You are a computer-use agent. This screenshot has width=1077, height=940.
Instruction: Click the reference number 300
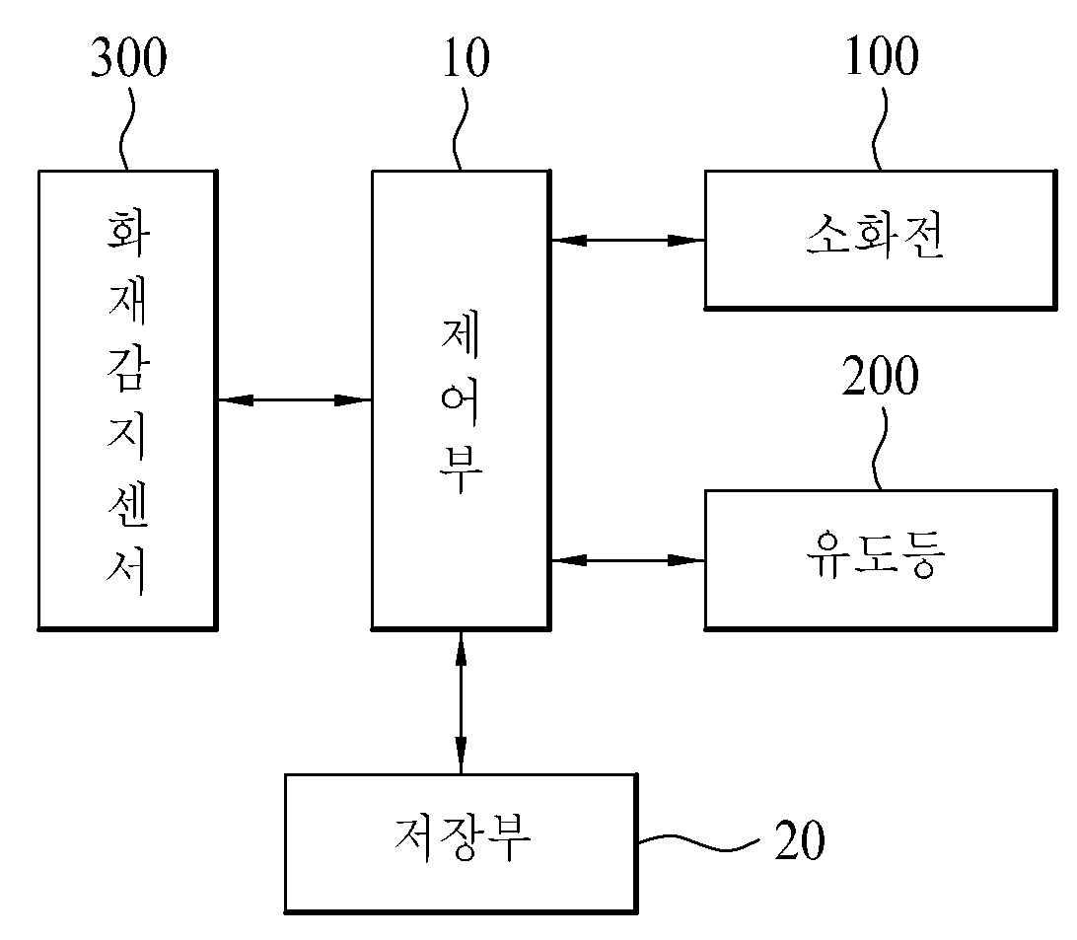coord(129,57)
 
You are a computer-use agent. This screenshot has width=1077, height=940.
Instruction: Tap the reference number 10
coord(467,57)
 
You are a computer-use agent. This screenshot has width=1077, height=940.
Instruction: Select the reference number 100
coord(882,55)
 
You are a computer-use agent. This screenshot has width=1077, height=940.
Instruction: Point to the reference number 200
coord(881,375)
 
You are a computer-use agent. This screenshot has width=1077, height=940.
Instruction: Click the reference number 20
coord(800,839)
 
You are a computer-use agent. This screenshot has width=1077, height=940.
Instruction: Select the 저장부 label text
coord(463,837)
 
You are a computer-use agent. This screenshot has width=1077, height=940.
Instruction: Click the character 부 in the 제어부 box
coord(461,471)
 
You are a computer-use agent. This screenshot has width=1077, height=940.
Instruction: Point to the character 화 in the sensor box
coord(128,234)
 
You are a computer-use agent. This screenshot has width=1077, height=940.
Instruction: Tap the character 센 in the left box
coord(128,506)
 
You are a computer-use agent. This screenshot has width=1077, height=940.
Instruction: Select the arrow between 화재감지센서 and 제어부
coord(295,399)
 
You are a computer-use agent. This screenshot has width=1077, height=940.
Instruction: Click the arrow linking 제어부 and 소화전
coord(628,241)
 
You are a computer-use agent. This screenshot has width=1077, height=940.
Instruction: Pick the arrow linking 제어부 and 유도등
coord(628,560)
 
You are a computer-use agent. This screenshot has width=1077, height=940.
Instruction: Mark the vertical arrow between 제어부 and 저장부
coord(461,701)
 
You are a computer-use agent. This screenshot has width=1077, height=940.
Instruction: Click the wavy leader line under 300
coord(125,129)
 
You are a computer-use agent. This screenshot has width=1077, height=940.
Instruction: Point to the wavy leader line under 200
coord(879,449)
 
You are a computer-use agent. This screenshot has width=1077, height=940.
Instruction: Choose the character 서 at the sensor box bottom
coord(128,572)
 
